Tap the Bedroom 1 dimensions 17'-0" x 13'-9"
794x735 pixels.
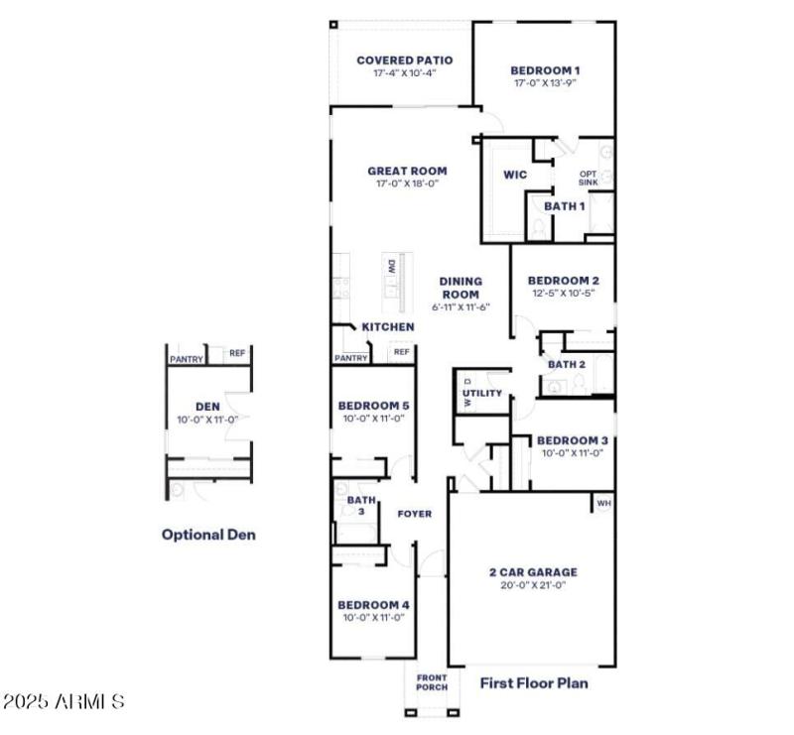tap(545, 83)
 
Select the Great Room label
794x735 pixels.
tap(407, 171)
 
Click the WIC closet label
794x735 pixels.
tap(514, 176)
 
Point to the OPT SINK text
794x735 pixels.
tap(589, 178)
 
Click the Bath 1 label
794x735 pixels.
tap(564, 205)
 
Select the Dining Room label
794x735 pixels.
tap(461, 288)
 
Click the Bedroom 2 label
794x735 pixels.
tap(563, 281)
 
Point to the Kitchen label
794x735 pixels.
tap(387, 327)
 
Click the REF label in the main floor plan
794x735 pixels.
tap(401, 352)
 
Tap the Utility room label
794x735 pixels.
tap(483, 394)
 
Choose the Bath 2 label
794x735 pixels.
tap(567, 365)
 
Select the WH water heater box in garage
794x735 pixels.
tap(603, 504)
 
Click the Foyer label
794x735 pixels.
tap(414, 514)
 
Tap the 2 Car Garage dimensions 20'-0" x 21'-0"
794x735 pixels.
tap(533, 585)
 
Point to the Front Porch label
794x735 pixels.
tap(432, 682)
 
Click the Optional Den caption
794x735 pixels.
tap(208, 535)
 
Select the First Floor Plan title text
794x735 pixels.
tap(534, 682)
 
